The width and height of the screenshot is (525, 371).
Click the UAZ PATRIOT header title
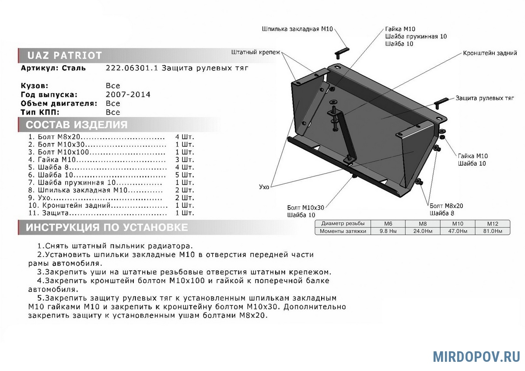point(65,56)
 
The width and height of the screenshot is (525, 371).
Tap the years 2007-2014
point(128,94)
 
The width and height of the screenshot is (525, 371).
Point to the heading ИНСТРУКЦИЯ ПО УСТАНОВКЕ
point(107,227)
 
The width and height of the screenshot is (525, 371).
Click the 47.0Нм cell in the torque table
point(457,231)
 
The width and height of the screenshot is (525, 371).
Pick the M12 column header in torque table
point(493,223)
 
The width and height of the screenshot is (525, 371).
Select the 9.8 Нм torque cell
point(388,231)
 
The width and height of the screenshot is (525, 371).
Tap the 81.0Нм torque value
point(493,231)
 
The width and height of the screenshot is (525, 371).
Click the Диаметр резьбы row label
point(343,223)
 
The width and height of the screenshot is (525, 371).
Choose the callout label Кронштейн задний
point(490,53)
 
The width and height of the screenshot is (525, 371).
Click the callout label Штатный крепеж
point(255,52)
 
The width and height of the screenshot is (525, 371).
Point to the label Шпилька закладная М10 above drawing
point(297,29)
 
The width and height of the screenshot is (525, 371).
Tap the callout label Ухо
point(264,187)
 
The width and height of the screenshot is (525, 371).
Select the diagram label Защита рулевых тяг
point(484,98)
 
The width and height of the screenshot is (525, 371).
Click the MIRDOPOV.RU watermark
point(476,356)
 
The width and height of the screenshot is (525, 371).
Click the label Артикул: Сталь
point(53,68)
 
